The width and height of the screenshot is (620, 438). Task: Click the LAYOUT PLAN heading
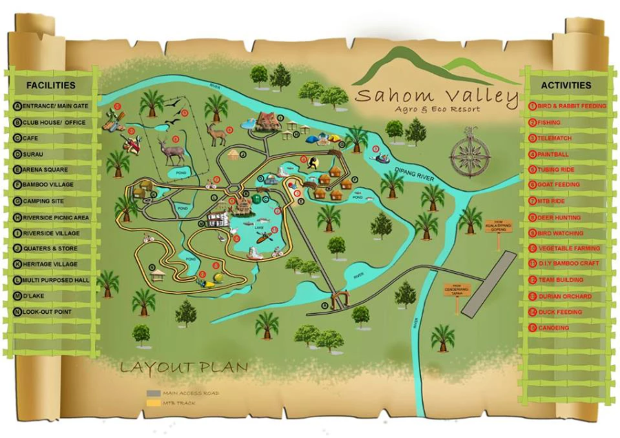pos(184,366)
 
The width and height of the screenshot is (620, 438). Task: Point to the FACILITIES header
pos(50,86)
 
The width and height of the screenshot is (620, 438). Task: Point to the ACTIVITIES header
pos(566,86)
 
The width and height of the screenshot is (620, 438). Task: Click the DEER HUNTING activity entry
pos(559,217)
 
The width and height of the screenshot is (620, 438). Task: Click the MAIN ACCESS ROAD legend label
pos(191,393)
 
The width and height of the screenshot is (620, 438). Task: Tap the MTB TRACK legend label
pos(180,402)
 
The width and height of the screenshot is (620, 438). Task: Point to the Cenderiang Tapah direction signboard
pos(457,288)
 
